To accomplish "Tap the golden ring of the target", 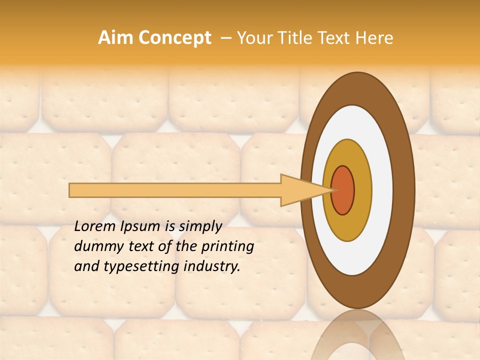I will pos(362,190).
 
